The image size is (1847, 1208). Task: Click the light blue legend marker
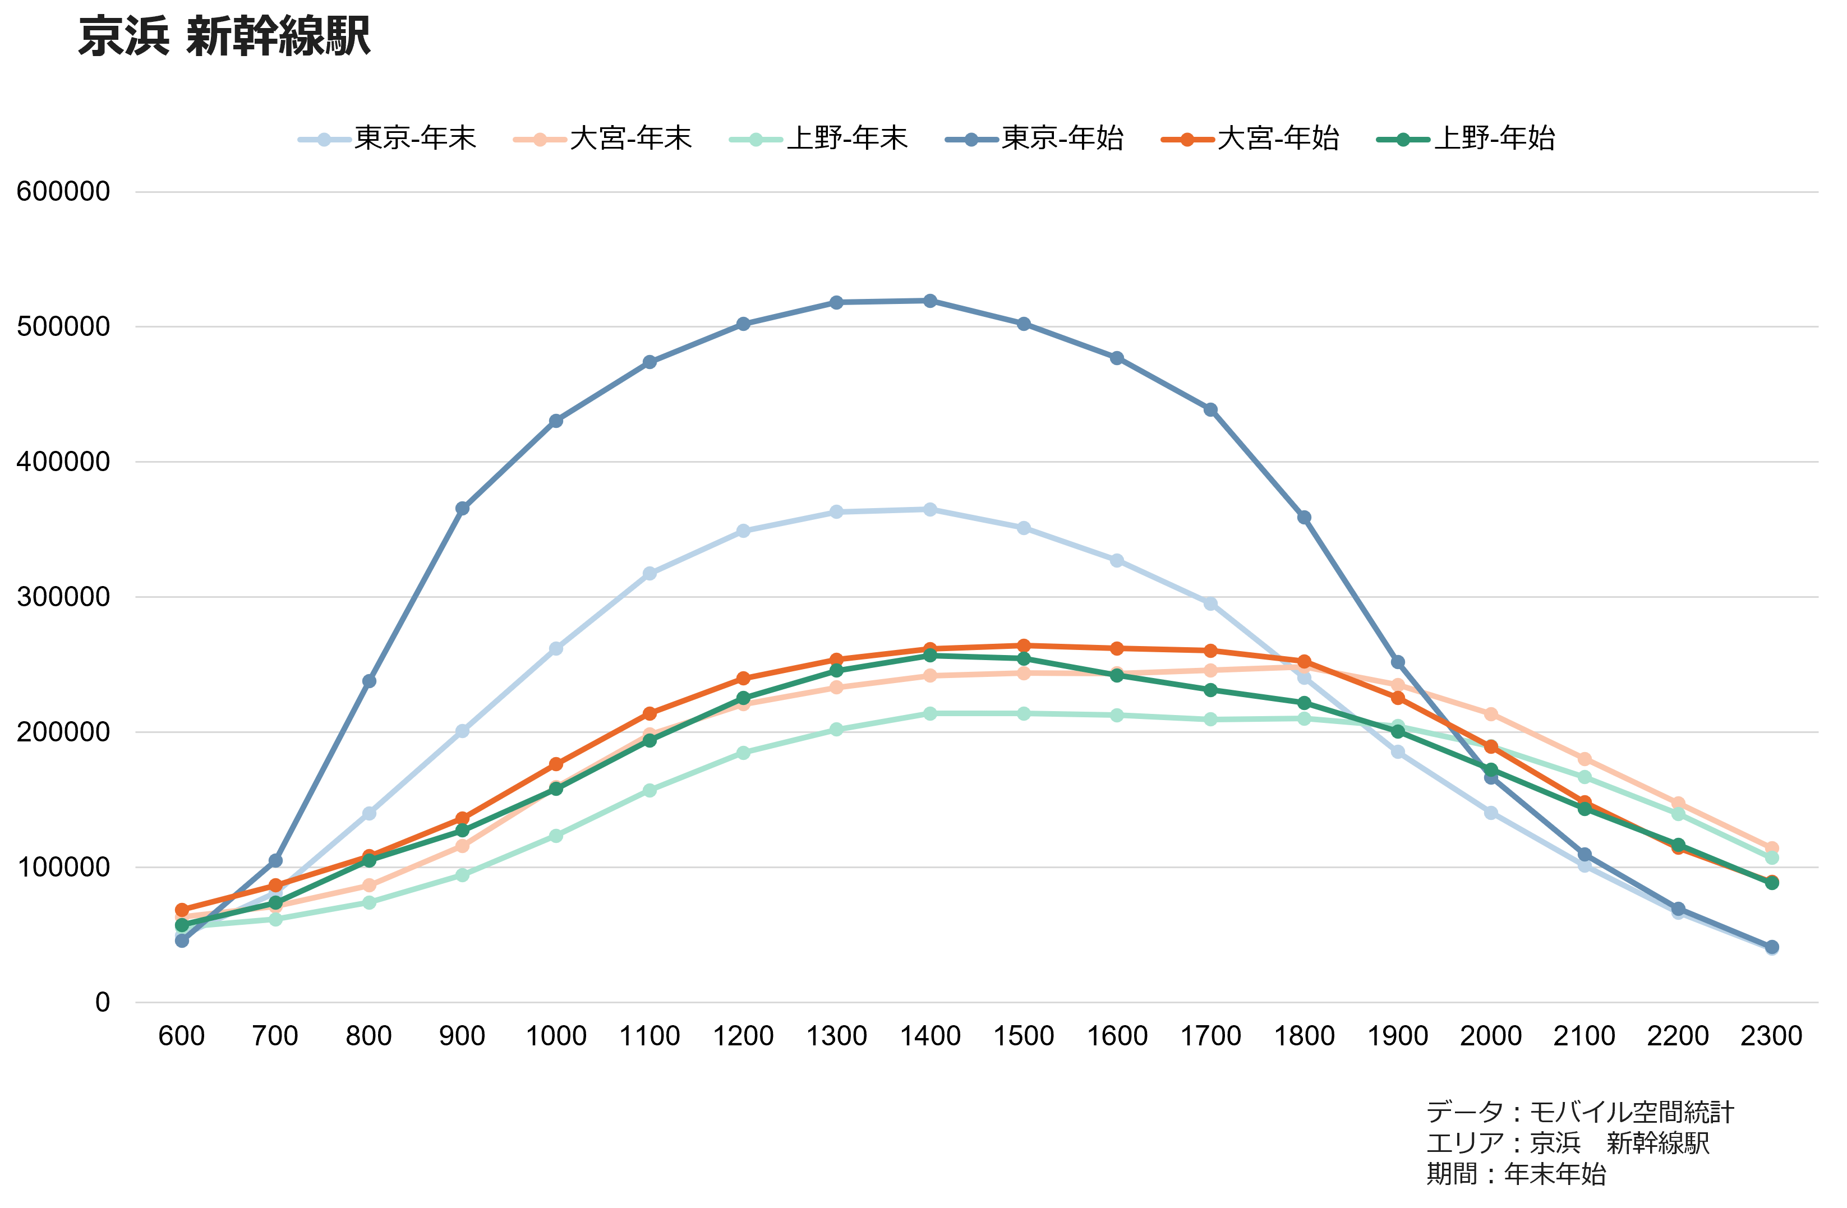pos(324,140)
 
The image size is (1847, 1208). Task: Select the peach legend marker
pos(540,140)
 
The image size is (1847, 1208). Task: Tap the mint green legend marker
pos(756,140)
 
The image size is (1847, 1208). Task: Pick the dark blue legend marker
pos(971,140)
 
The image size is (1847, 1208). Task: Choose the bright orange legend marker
pos(1187,140)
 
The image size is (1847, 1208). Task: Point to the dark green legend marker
pos(1403,140)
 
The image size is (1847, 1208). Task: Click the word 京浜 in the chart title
pos(123,36)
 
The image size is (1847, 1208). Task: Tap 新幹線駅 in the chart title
pos(278,36)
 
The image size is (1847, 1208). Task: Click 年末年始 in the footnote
pos(1554,1174)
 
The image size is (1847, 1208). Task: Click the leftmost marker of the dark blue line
pos(182,941)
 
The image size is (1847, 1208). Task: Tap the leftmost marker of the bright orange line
pos(182,909)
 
